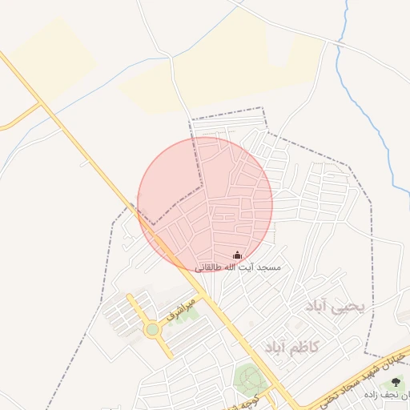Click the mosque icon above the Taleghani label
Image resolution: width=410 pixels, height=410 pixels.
point(236,255)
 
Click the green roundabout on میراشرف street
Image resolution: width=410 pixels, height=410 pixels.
point(152,328)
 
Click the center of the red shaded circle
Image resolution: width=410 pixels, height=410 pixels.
point(205,204)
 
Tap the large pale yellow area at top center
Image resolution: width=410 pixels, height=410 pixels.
point(232,72)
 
